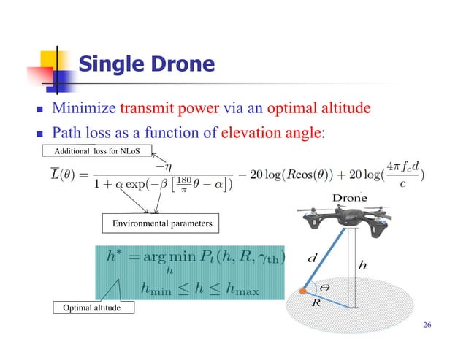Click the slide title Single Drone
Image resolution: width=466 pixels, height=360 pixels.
coord(145,65)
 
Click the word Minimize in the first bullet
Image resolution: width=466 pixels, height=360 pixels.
coord(80,110)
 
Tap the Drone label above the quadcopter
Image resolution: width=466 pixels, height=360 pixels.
coord(350,198)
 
